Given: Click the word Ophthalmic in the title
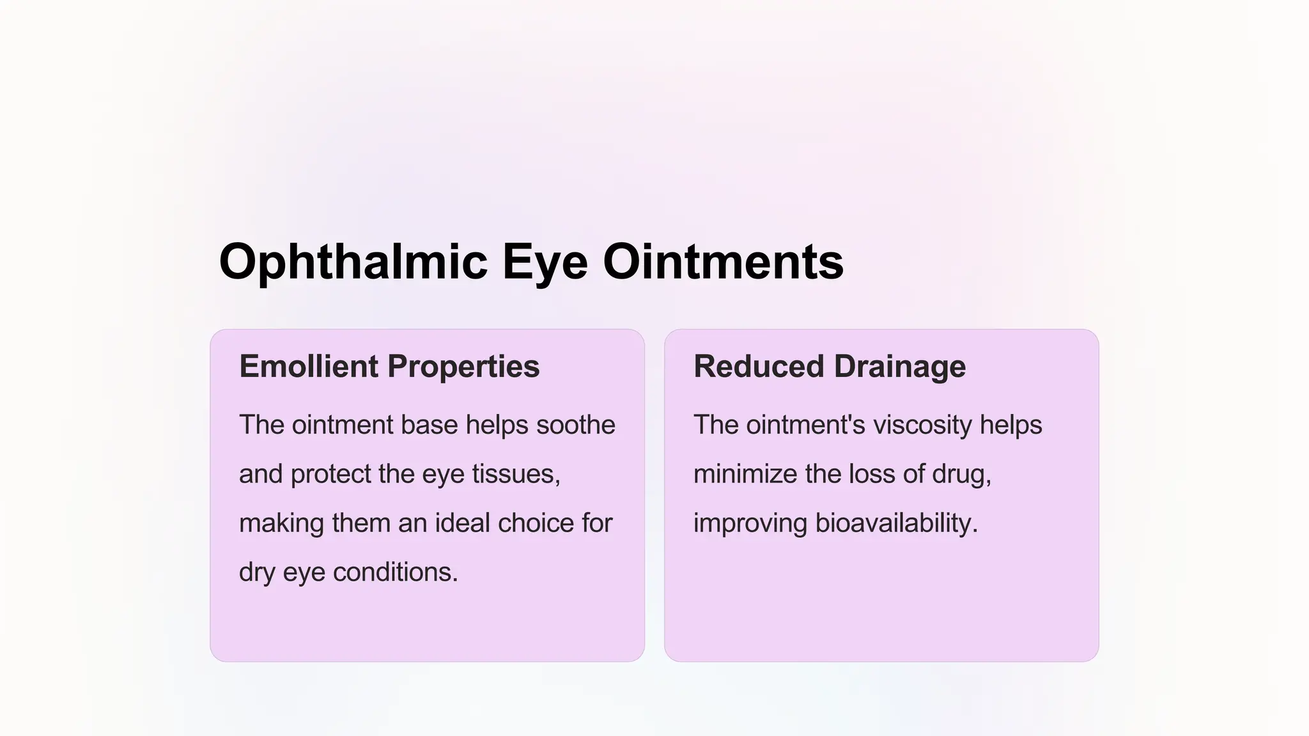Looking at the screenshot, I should pyautogui.click(x=353, y=262).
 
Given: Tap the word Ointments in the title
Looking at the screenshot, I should pyautogui.click(x=723, y=262).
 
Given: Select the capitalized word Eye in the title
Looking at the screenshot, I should pyautogui.click(x=545, y=262).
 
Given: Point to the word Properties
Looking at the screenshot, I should pyautogui.click(x=463, y=366).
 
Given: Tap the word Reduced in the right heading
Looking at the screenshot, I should pyautogui.click(x=759, y=366).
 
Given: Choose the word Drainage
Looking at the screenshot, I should pyautogui.click(x=900, y=366).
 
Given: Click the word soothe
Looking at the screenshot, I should pyautogui.click(x=575, y=425).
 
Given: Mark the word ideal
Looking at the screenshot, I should pyautogui.click(x=462, y=523).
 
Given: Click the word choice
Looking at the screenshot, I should pyautogui.click(x=536, y=523).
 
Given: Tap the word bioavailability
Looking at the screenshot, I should pyautogui.click(x=896, y=523).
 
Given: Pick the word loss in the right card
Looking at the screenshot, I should pyautogui.click(x=872, y=474).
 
